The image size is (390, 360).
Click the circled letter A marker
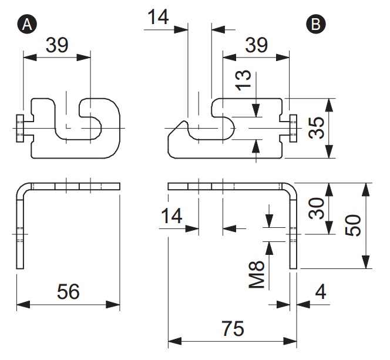click(x=27, y=24)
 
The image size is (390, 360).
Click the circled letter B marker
click(x=316, y=24)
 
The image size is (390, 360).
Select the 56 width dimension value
click(x=68, y=291)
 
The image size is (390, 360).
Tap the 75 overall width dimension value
click(x=233, y=329)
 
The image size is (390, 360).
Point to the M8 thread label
click(x=257, y=274)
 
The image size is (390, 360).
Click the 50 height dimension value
click(x=353, y=226)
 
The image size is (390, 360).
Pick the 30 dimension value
click(x=317, y=208)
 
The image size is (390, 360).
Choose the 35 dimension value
click(x=317, y=128)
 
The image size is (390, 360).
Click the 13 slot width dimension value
click(x=243, y=80)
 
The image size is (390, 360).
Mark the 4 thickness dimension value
click(x=321, y=292)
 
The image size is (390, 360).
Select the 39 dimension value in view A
click(x=57, y=45)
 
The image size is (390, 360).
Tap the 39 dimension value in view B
click(x=257, y=45)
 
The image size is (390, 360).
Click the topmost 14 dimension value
click(x=158, y=17)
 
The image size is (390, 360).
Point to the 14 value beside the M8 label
click(x=172, y=216)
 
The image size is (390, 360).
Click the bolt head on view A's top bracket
click(x=20, y=128)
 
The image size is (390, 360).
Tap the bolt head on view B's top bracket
click(x=293, y=128)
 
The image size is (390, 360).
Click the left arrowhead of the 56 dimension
click(x=23, y=305)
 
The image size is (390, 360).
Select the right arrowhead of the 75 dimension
click(x=290, y=341)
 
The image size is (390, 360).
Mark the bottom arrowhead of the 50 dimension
click(x=365, y=262)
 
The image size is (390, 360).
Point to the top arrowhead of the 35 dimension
click(x=329, y=105)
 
